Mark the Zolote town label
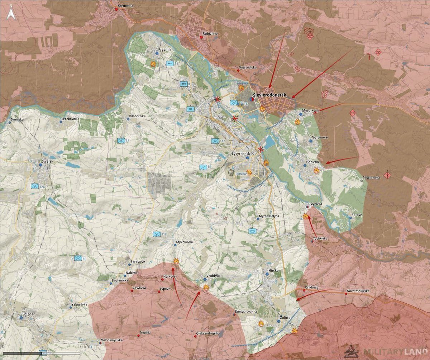285,318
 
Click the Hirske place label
273,271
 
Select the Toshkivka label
320,238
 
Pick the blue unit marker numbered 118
157,234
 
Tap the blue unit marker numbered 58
121,141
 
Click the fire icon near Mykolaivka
176,261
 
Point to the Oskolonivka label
372,177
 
